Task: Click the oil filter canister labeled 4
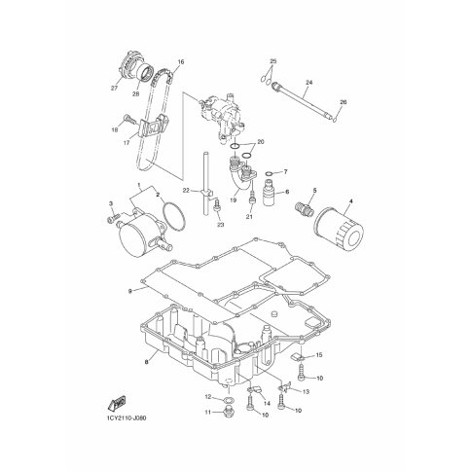339,232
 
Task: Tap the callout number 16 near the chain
181,61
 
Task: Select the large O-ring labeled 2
175,216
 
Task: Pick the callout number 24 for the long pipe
308,83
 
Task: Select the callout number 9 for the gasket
130,291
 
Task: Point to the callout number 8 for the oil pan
147,362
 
